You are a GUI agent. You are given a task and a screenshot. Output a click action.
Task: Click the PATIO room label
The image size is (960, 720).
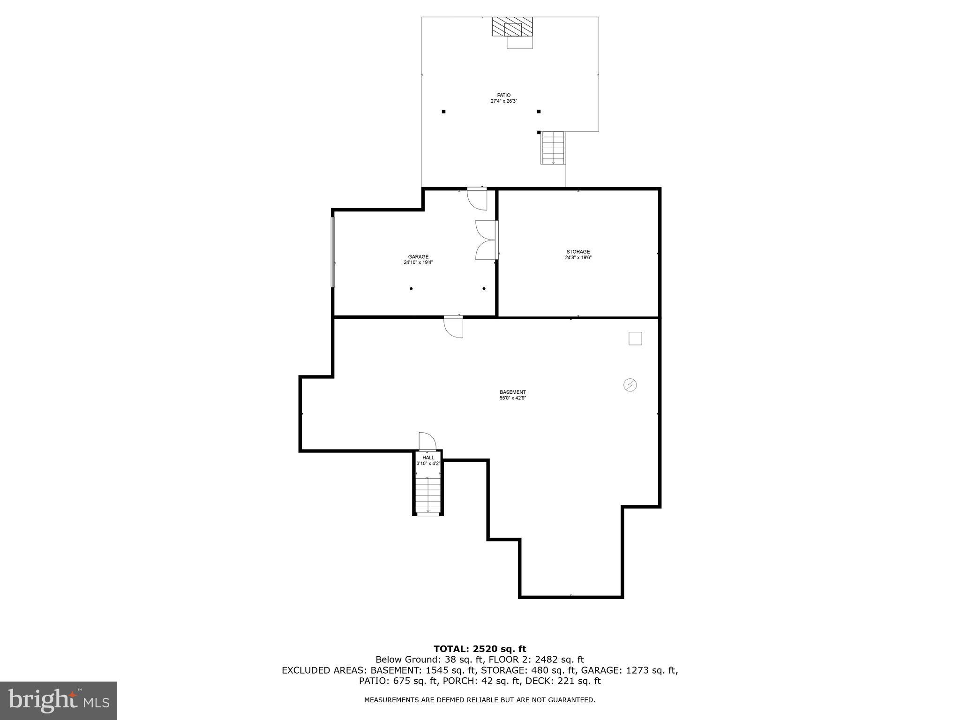(x=504, y=95)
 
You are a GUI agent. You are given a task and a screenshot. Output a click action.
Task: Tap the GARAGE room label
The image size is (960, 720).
(x=418, y=256)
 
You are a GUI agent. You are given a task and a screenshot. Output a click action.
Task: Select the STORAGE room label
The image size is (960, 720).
(x=578, y=252)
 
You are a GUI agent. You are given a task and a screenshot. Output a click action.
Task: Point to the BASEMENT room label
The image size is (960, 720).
(x=512, y=392)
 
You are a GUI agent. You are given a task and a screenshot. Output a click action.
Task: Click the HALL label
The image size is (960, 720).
(x=428, y=457)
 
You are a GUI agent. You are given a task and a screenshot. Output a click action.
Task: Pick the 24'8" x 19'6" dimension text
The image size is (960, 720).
(x=578, y=258)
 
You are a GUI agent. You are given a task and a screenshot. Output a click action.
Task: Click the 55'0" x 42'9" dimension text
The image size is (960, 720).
(x=512, y=398)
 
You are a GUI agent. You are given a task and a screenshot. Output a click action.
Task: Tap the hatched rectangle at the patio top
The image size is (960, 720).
(x=512, y=27)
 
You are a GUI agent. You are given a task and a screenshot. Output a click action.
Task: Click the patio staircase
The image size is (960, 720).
(x=554, y=148)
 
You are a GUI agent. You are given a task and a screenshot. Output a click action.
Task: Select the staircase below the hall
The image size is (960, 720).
(x=428, y=496)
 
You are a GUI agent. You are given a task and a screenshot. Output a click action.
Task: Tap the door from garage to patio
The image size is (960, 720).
(x=478, y=198)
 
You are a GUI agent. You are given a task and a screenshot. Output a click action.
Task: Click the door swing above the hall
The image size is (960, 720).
(x=427, y=441)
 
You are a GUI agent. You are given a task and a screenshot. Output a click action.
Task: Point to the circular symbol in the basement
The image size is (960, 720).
(x=630, y=385)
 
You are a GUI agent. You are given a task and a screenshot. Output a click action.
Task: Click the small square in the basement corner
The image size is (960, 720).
(x=635, y=338)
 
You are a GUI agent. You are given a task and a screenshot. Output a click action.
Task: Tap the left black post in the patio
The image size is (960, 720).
(x=443, y=112)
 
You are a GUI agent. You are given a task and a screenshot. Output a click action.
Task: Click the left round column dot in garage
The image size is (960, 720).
(x=411, y=289)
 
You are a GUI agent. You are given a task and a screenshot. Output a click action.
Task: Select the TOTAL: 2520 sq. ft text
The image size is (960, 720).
(x=480, y=649)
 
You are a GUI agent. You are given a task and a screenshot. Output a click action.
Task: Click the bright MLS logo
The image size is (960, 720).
(x=59, y=700)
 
